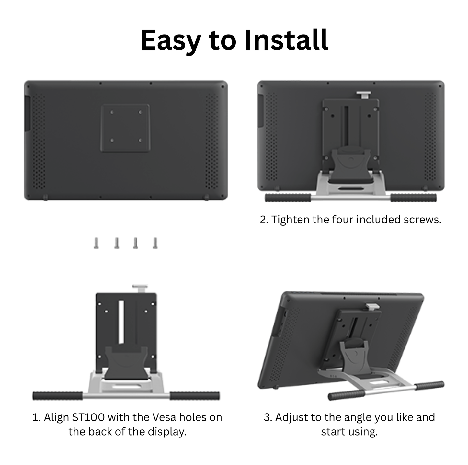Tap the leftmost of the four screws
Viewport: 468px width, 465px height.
click(96, 243)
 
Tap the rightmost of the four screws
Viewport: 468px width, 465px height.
click(155, 243)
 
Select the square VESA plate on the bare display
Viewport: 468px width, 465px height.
click(125, 128)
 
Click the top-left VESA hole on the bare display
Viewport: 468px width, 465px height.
click(112, 112)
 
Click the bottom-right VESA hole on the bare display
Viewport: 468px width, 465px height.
click(140, 141)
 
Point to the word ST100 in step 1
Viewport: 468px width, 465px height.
click(88, 417)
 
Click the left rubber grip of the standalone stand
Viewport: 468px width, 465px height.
click(58, 396)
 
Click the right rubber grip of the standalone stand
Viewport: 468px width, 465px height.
click(195, 396)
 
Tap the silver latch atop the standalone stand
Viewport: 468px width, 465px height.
click(140, 288)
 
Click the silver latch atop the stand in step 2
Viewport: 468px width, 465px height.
click(364, 95)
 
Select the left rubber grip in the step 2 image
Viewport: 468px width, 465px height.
click(288, 198)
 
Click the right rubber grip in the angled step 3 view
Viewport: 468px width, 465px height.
click(429, 385)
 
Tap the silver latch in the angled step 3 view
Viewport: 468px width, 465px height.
click(372, 306)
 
